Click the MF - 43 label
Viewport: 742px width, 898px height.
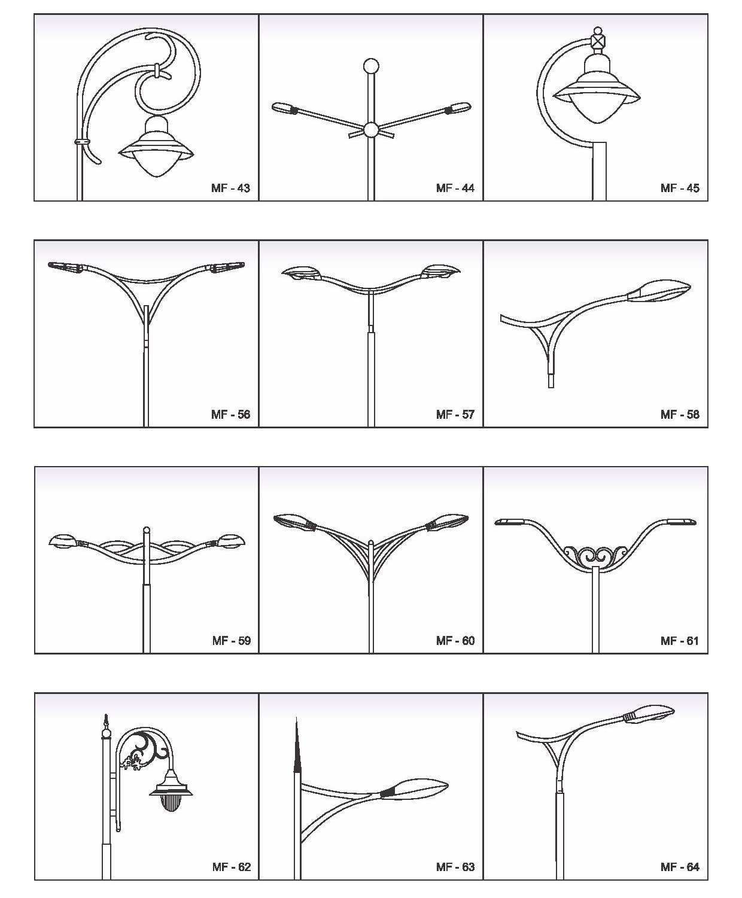click(230, 188)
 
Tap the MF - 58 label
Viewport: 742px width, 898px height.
click(680, 414)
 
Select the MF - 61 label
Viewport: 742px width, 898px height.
click(680, 640)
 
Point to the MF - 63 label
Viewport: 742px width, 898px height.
click(455, 867)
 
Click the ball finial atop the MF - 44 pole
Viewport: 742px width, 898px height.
click(371, 66)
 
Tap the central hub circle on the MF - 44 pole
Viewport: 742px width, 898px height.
click(371, 129)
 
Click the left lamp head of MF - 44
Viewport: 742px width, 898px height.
click(284, 108)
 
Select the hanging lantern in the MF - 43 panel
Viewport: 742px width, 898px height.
click(157, 147)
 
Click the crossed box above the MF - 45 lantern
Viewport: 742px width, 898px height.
click(597, 41)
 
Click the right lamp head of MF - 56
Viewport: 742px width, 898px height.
click(227, 267)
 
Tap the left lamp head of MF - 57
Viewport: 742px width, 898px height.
click(302, 273)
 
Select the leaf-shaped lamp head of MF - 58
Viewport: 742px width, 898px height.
click(659, 291)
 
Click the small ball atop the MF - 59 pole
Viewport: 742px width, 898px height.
click(147, 529)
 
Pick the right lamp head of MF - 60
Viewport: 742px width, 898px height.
click(448, 522)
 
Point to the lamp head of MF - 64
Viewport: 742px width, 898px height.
click(648, 715)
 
